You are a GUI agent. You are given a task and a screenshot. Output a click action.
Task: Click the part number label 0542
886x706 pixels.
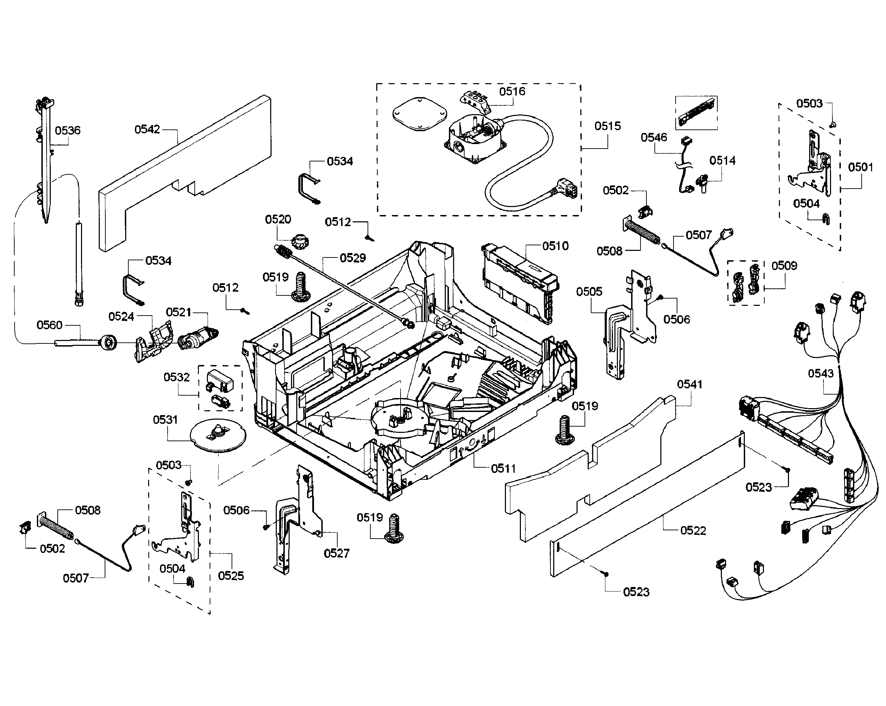147,129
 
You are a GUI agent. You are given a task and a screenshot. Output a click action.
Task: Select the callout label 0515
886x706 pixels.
607,126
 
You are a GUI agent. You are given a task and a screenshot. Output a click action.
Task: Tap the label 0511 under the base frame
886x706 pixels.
503,468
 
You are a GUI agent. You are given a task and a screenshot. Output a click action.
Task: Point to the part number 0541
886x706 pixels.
690,384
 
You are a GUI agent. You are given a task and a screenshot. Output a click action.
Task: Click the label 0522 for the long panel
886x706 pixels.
693,530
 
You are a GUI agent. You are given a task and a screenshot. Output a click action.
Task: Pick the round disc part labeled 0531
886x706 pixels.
218,436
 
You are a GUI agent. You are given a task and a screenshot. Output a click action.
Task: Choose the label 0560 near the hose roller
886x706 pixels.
49,325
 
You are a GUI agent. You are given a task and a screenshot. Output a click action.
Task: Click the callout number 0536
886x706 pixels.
68,131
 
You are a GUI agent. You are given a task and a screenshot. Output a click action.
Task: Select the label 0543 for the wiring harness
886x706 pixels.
821,373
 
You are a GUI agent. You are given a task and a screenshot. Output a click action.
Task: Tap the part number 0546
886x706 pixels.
654,137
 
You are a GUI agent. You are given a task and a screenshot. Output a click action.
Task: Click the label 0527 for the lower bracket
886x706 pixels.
336,554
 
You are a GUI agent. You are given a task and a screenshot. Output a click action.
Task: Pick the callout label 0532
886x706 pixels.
176,377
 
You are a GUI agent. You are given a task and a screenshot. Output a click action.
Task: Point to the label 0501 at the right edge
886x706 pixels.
861,167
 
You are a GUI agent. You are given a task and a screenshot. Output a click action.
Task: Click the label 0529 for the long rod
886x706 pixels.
353,258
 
